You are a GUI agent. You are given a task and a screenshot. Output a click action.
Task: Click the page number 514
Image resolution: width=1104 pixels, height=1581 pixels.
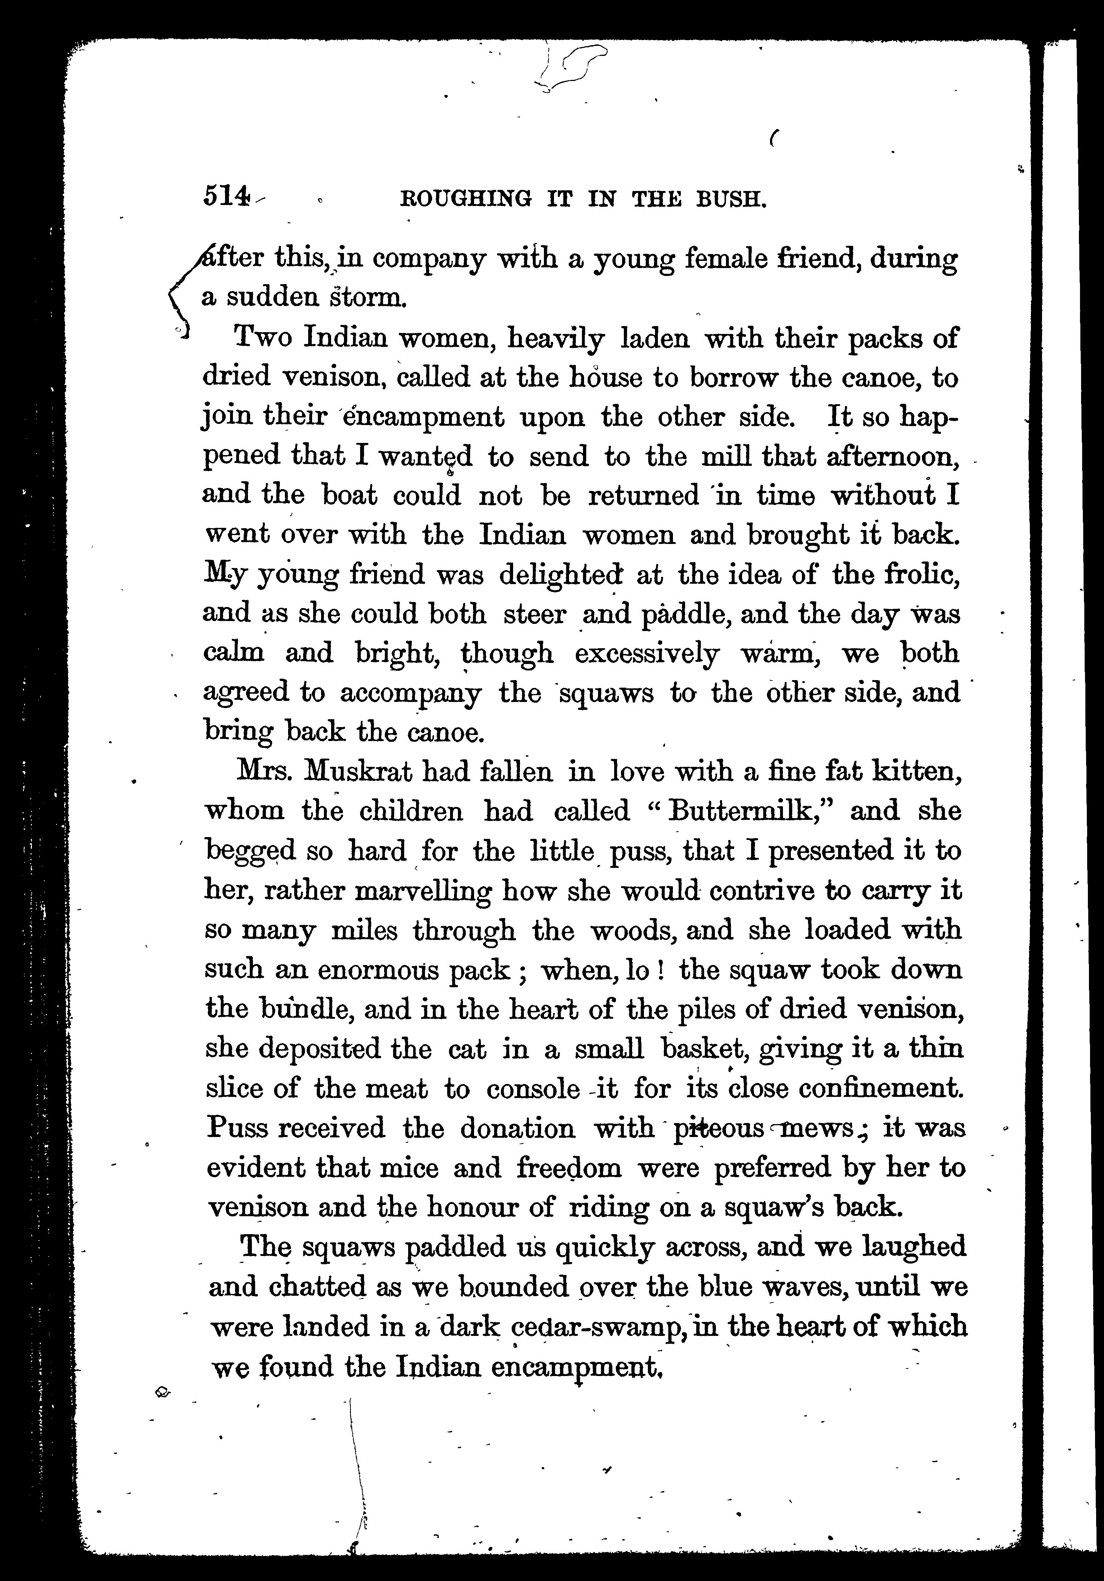(x=224, y=198)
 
